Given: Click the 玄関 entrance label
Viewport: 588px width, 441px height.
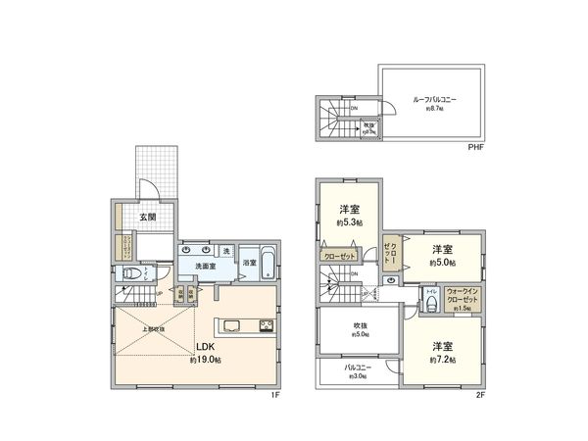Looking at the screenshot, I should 147,217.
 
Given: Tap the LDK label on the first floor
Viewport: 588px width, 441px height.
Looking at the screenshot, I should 205,346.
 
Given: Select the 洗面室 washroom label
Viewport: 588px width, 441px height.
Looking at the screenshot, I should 203,265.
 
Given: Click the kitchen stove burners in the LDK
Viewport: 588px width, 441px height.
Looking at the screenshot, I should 266,326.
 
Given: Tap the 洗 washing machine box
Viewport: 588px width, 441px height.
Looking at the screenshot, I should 226,251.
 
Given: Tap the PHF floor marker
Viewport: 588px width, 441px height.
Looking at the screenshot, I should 475,147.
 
